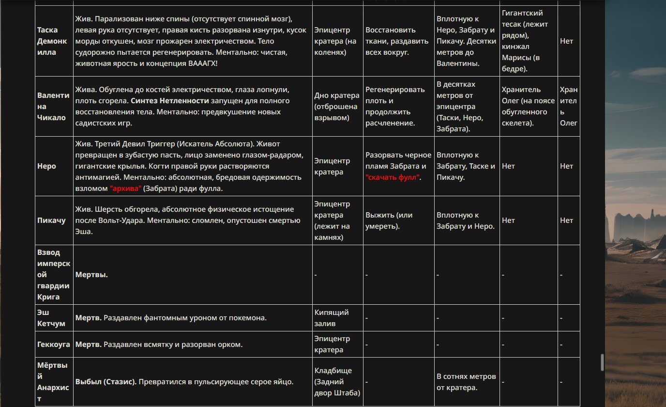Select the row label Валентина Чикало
click(x=53, y=107)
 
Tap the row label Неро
click(x=46, y=166)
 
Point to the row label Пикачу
click(x=51, y=220)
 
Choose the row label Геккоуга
click(x=53, y=344)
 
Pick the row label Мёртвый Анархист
click(x=53, y=382)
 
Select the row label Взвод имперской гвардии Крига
click(x=53, y=275)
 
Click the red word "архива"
click(x=125, y=188)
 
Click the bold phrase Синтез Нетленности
click(x=169, y=101)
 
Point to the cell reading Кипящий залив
click(x=332, y=318)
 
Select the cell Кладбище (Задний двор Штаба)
click(x=337, y=382)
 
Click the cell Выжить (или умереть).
click(x=389, y=220)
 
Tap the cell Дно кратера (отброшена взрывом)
click(x=336, y=107)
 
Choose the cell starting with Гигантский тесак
click(x=525, y=41)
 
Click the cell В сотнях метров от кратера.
click(x=466, y=382)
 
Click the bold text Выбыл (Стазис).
click(x=106, y=382)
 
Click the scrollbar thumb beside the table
click(x=602, y=362)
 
